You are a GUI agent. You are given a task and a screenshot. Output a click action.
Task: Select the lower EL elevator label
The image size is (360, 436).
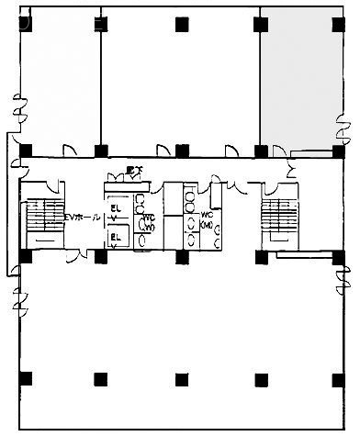click(x=117, y=238)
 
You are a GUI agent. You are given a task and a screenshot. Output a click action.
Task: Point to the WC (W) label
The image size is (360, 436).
click(x=147, y=221)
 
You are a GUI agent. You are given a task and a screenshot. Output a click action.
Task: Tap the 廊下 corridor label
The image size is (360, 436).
click(x=131, y=170)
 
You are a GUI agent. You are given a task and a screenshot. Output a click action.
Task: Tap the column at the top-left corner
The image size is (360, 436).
click(x=25, y=20)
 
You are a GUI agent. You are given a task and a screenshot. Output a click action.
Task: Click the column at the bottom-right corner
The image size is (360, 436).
click(x=338, y=377)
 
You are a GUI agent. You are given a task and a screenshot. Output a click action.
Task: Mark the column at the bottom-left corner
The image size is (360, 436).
click(x=25, y=377)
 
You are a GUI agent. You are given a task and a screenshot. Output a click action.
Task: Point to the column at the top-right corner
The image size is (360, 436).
click(x=338, y=20)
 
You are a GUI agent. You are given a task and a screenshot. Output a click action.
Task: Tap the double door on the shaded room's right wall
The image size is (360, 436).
click(x=345, y=124)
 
